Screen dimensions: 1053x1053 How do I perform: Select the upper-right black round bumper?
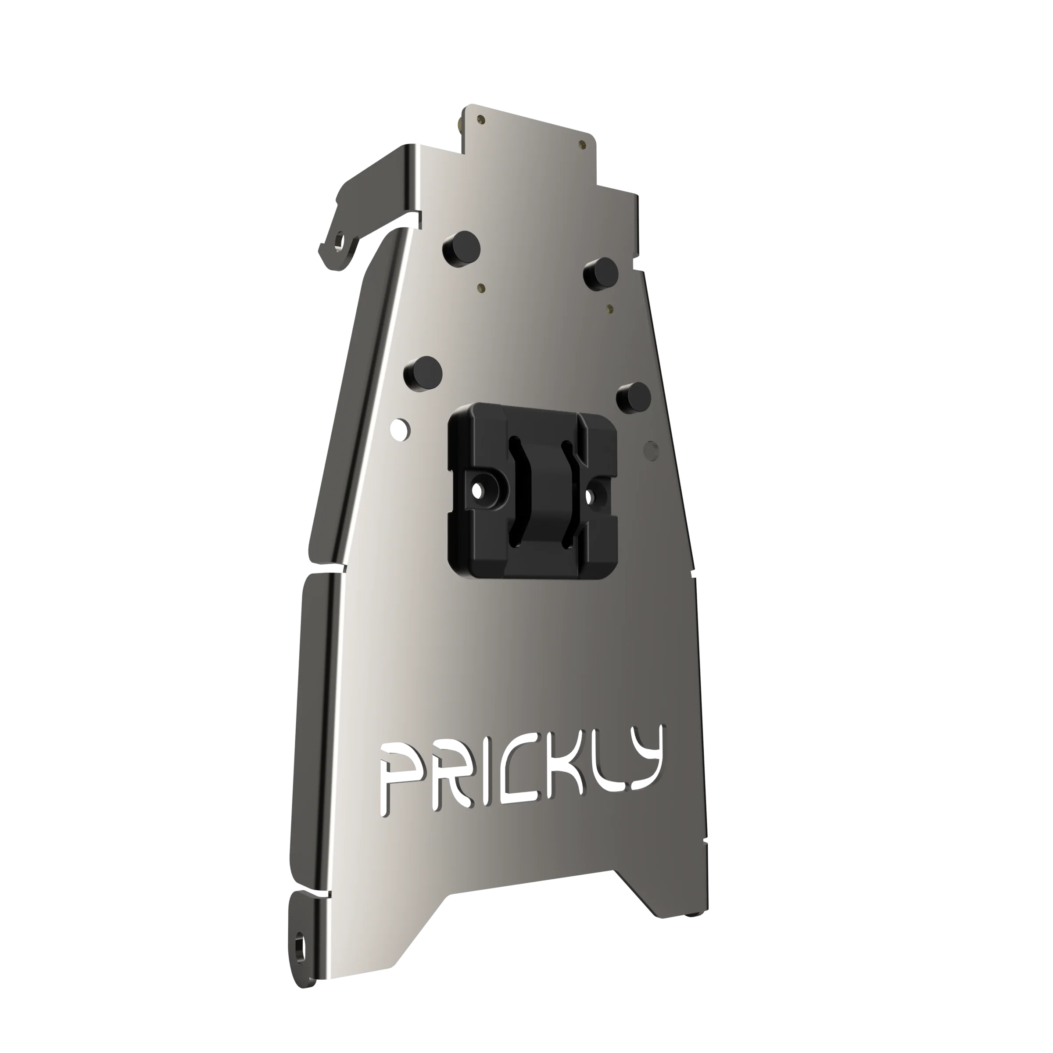point(599,272)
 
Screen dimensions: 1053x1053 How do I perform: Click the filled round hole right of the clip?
point(650,448)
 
